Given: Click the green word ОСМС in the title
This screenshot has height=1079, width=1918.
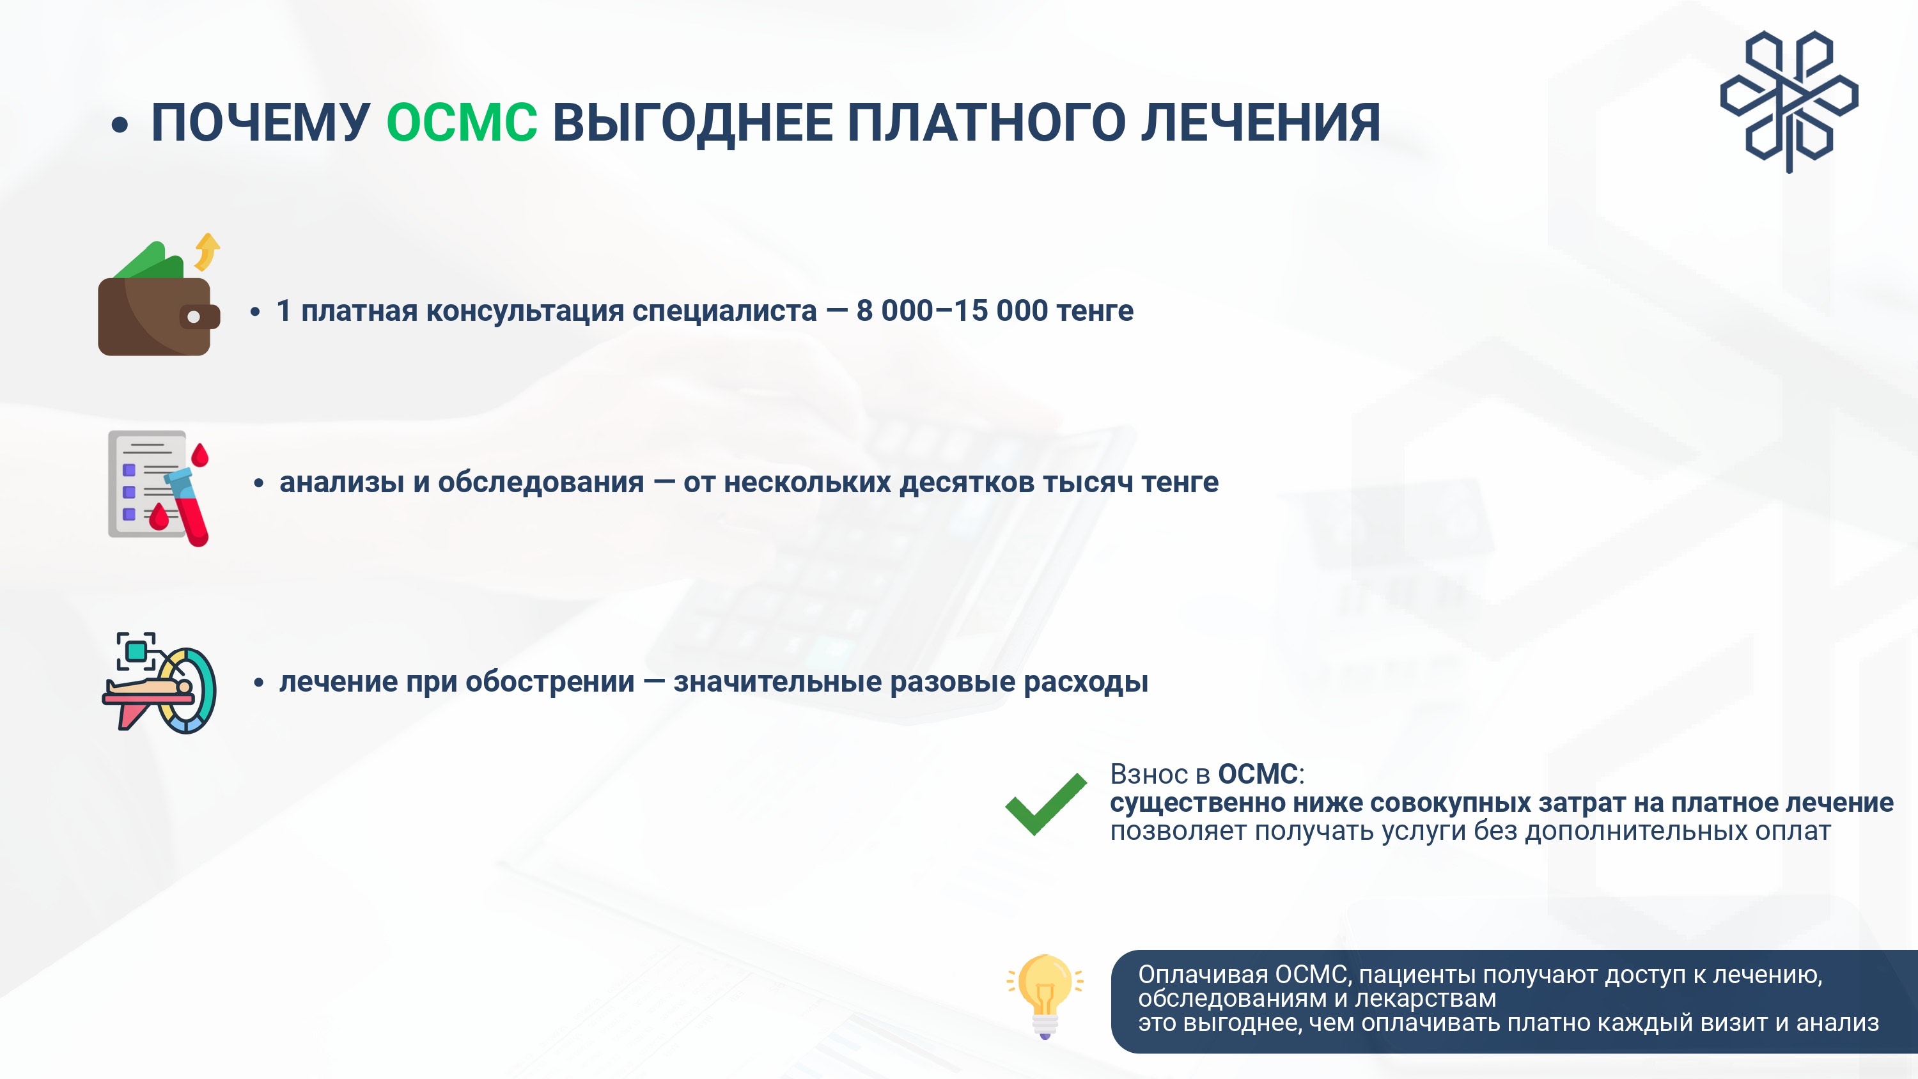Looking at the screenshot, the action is pos(462,122).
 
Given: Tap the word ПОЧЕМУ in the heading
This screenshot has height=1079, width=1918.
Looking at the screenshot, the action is pos(261,122).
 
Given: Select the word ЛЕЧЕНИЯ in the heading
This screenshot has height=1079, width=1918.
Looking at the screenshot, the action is pos(1261,122).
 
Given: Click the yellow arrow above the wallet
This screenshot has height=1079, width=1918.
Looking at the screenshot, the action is pos(207,252).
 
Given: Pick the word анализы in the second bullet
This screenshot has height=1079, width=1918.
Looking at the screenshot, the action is pos(343,483).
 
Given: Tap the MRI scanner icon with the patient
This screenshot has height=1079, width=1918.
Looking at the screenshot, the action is pos(159,683).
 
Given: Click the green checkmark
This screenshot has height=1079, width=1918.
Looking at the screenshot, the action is pos(1045,804).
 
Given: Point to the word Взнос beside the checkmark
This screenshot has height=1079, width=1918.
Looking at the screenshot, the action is pos(1149,775).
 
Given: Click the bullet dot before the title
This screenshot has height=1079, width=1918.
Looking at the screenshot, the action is pos(119,125).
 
